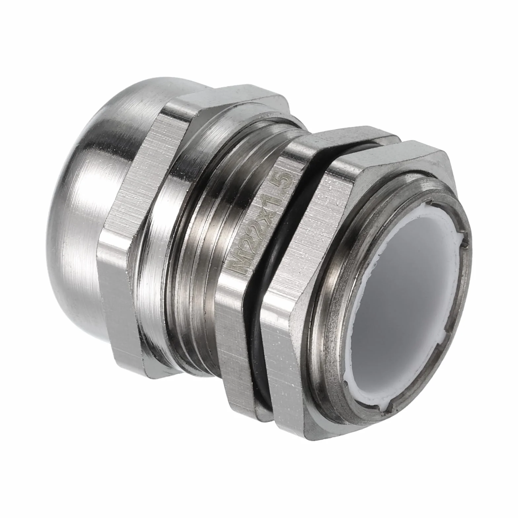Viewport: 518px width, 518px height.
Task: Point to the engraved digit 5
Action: (x=284, y=180)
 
